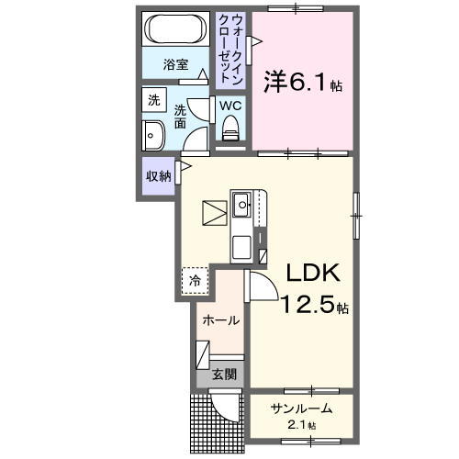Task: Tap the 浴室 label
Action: click(176, 64)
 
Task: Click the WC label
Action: click(229, 106)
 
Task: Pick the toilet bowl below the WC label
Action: click(229, 130)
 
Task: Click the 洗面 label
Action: click(181, 116)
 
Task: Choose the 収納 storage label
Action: click(159, 176)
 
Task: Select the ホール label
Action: click(221, 320)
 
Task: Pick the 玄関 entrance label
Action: click(224, 374)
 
